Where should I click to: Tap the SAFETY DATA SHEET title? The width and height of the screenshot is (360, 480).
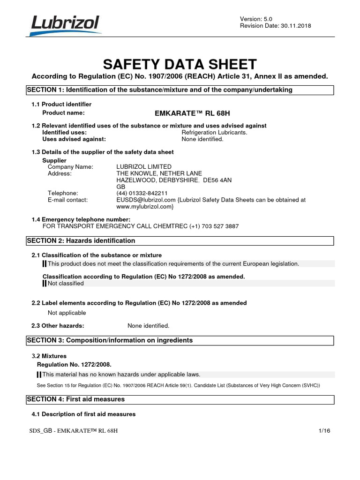(180, 64)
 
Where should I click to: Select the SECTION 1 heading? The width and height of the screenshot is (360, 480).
(159, 90)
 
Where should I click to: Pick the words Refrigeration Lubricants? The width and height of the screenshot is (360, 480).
(214, 132)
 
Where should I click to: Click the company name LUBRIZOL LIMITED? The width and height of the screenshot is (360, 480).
(144, 167)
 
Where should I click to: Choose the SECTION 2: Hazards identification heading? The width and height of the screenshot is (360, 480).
(81, 240)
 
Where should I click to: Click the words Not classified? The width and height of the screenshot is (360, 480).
(66, 283)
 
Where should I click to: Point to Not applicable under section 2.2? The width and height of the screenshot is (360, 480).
(67, 313)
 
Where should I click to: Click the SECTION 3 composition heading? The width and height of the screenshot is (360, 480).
(110, 340)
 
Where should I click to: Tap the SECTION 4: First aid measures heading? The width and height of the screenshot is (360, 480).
(76, 399)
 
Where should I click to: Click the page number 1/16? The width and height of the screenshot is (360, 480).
(324, 430)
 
